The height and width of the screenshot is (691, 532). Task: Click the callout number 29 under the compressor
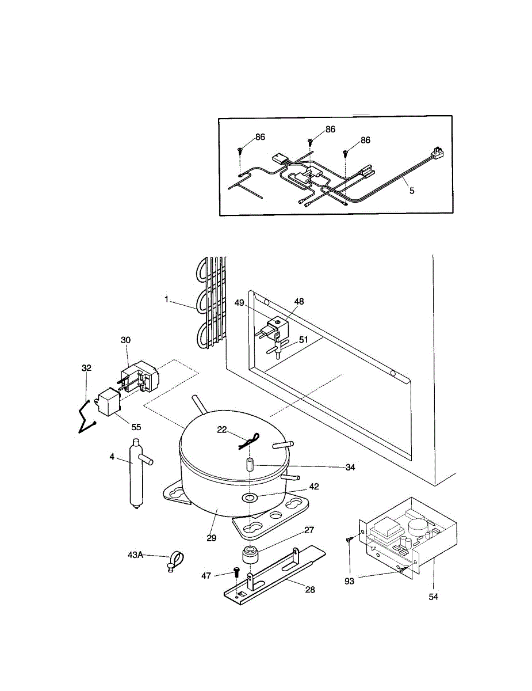[212, 538]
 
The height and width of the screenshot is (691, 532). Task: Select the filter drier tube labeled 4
[136, 473]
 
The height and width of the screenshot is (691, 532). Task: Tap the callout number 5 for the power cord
[412, 191]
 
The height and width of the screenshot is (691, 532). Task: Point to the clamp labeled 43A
[177, 559]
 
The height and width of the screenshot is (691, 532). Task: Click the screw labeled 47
[236, 572]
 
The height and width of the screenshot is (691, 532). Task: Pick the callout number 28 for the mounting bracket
[311, 590]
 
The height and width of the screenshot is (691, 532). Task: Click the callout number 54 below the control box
[433, 597]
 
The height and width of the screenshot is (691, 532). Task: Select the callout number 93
[350, 581]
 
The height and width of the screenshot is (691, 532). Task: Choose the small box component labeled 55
[108, 401]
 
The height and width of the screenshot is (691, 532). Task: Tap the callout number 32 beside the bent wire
[87, 367]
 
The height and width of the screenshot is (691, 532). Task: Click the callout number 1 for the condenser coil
[166, 299]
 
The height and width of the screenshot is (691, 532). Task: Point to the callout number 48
[299, 301]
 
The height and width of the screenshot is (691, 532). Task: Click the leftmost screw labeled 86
[240, 151]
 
